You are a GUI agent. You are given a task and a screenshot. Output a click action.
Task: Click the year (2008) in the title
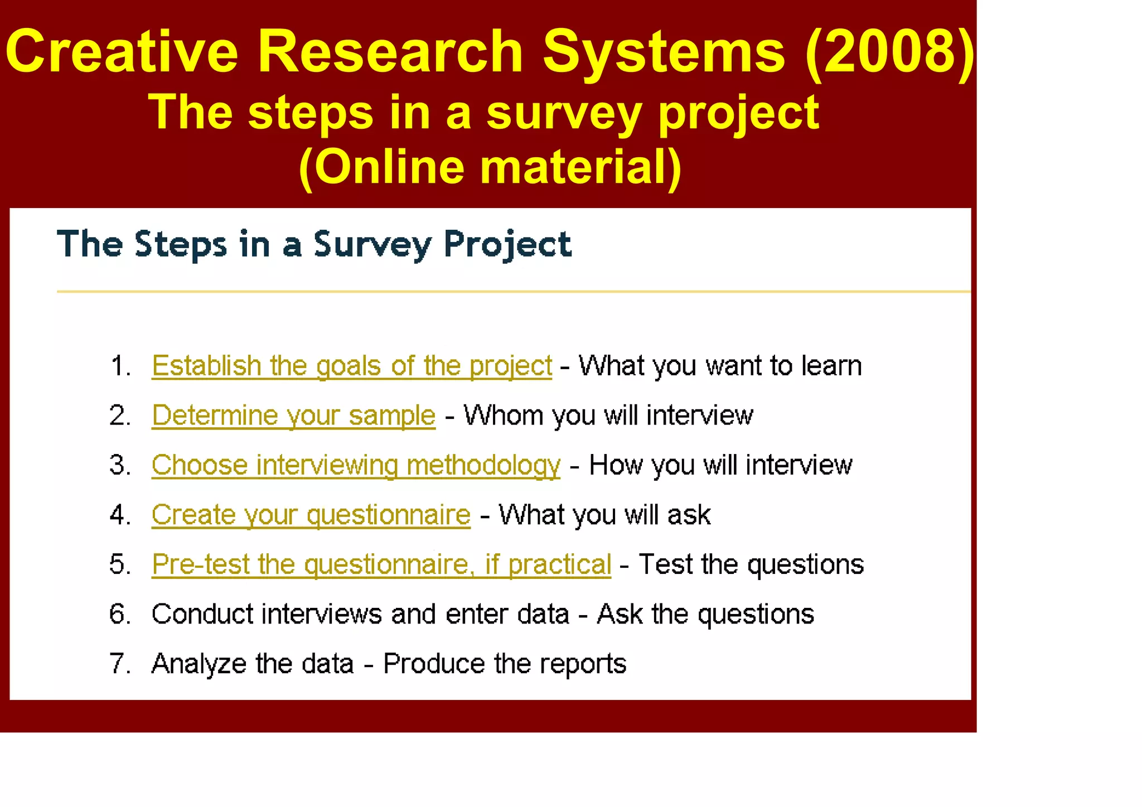[890, 51]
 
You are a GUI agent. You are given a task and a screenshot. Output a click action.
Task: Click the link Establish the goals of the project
[351, 366]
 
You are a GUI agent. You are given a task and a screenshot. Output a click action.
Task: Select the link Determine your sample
[293, 415]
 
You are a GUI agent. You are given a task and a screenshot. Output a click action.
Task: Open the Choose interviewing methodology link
[356, 465]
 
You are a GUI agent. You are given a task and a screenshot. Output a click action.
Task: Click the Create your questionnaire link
[311, 515]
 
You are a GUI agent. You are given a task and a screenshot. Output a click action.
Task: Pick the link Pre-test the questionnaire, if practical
[381, 564]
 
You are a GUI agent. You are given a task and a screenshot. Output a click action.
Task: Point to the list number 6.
[119, 614]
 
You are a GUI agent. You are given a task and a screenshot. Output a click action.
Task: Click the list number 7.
[119, 664]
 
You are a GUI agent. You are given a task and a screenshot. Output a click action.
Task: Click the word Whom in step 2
[503, 415]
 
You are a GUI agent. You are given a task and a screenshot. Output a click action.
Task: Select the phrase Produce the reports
[505, 664]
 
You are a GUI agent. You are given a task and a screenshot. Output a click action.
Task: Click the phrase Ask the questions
[705, 614]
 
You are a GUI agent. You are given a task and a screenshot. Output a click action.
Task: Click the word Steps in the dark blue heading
[181, 244]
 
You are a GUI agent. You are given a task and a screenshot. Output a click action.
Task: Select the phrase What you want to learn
[720, 366]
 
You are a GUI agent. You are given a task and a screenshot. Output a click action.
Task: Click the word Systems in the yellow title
[664, 51]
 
